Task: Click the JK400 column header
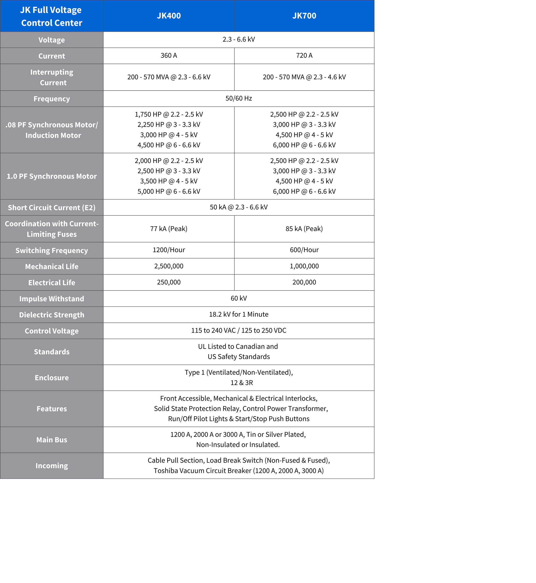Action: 169,16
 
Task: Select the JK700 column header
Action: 304,16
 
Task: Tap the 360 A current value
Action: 169,55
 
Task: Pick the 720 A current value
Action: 304,55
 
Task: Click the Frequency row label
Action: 52,99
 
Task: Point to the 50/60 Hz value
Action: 239,98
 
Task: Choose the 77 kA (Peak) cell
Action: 169,229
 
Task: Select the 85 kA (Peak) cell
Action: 304,229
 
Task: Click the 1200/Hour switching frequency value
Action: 169,250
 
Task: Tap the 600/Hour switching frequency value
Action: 304,250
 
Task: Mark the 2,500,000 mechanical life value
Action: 169,266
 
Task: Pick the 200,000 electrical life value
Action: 304,282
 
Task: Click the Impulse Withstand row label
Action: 52,299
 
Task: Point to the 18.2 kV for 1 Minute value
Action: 239,314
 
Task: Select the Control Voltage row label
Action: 52,331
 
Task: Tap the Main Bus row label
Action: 52,440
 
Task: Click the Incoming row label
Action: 52,466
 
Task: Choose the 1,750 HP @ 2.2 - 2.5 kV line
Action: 169,114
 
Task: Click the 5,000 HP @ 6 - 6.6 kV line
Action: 169,192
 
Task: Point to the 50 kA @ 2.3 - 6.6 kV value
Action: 239,207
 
